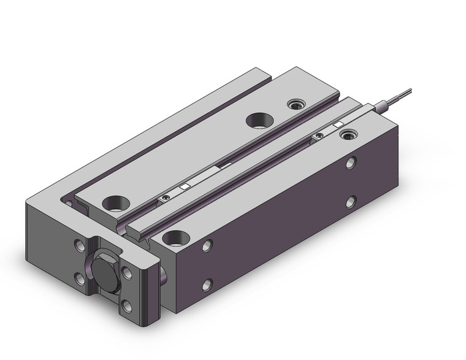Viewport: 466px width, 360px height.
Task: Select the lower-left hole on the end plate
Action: [79, 280]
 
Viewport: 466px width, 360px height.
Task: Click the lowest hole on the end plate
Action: [127, 304]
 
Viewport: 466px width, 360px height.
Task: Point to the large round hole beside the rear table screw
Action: [258, 120]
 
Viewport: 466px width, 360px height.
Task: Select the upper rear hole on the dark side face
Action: [350, 163]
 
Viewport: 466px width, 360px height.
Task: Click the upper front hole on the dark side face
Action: [207, 246]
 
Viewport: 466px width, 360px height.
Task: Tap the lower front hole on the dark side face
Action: [207, 283]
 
